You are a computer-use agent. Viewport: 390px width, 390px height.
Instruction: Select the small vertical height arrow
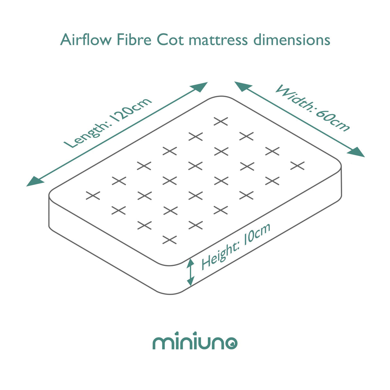(191, 272)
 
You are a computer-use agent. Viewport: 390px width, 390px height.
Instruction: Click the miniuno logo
(195, 343)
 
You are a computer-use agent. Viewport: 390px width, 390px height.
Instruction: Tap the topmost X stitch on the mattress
(221, 121)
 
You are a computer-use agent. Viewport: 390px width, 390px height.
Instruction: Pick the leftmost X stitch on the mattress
(93, 195)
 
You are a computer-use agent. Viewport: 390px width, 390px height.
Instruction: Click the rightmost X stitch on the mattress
(297, 166)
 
